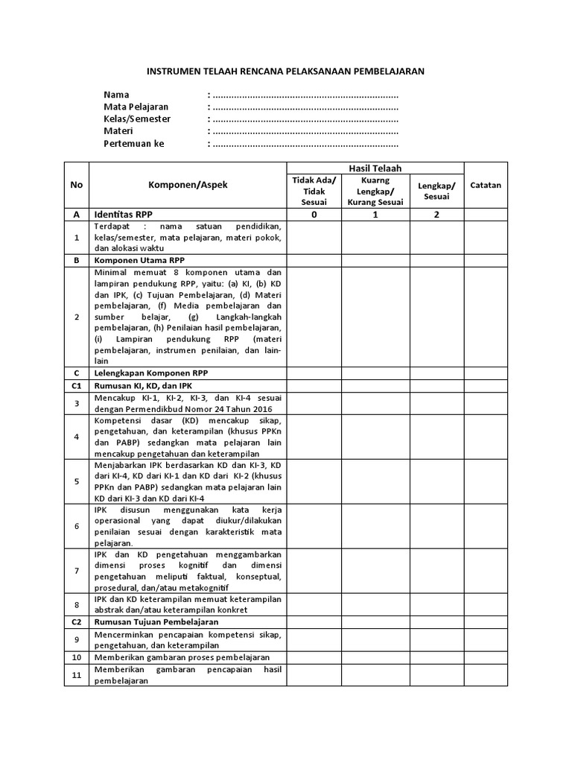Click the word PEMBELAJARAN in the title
(387, 72)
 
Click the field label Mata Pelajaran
(136, 107)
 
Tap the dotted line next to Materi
(304, 131)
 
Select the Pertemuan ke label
(134, 143)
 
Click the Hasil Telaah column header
(375, 169)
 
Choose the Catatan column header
(486, 185)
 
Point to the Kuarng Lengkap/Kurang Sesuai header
(375, 191)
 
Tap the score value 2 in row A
(437, 214)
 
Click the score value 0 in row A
(314, 214)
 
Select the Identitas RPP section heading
(124, 214)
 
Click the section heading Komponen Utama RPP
(139, 261)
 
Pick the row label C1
(76, 386)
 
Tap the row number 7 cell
(76, 571)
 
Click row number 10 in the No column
(76, 657)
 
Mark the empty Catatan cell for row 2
(486, 317)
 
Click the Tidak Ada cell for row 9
(314, 639)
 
